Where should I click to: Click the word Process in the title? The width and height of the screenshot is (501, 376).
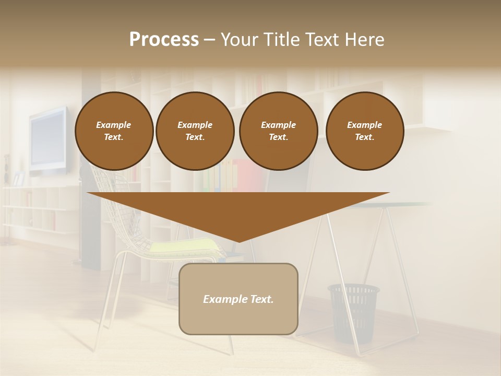(x=164, y=39)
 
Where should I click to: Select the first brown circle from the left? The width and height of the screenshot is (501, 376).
(x=114, y=131)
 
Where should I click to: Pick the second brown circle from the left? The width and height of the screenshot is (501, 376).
(x=195, y=131)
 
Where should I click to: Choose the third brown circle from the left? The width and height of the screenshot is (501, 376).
(x=278, y=131)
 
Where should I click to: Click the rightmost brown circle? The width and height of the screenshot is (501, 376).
(x=365, y=131)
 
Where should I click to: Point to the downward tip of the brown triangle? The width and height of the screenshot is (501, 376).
(x=238, y=241)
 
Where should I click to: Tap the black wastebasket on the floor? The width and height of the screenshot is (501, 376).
(x=353, y=311)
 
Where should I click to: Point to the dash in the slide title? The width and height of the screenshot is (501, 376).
(x=210, y=40)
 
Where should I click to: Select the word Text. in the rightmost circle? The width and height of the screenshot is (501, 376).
(x=365, y=137)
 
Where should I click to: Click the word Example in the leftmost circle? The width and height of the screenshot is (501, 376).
(x=114, y=125)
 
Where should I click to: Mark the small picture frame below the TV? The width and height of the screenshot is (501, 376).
(x=19, y=179)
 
